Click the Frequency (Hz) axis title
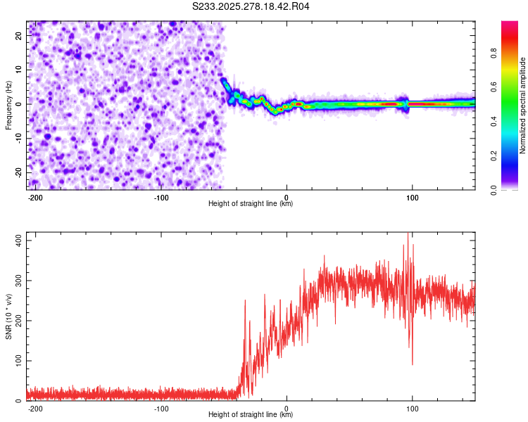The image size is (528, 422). pyautogui.click(x=8, y=104)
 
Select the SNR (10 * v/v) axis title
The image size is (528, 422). pyautogui.click(x=8, y=317)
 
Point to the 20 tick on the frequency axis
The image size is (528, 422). pyautogui.click(x=19, y=35)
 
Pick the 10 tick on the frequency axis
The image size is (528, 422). pyautogui.click(x=19, y=70)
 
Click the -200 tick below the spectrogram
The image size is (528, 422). pyautogui.click(x=35, y=198)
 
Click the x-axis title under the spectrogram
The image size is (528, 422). pyautogui.click(x=251, y=204)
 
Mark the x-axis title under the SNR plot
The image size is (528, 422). pyautogui.click(x=251, y=415)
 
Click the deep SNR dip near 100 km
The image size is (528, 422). pyautogui.click(x=412, y=364)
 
